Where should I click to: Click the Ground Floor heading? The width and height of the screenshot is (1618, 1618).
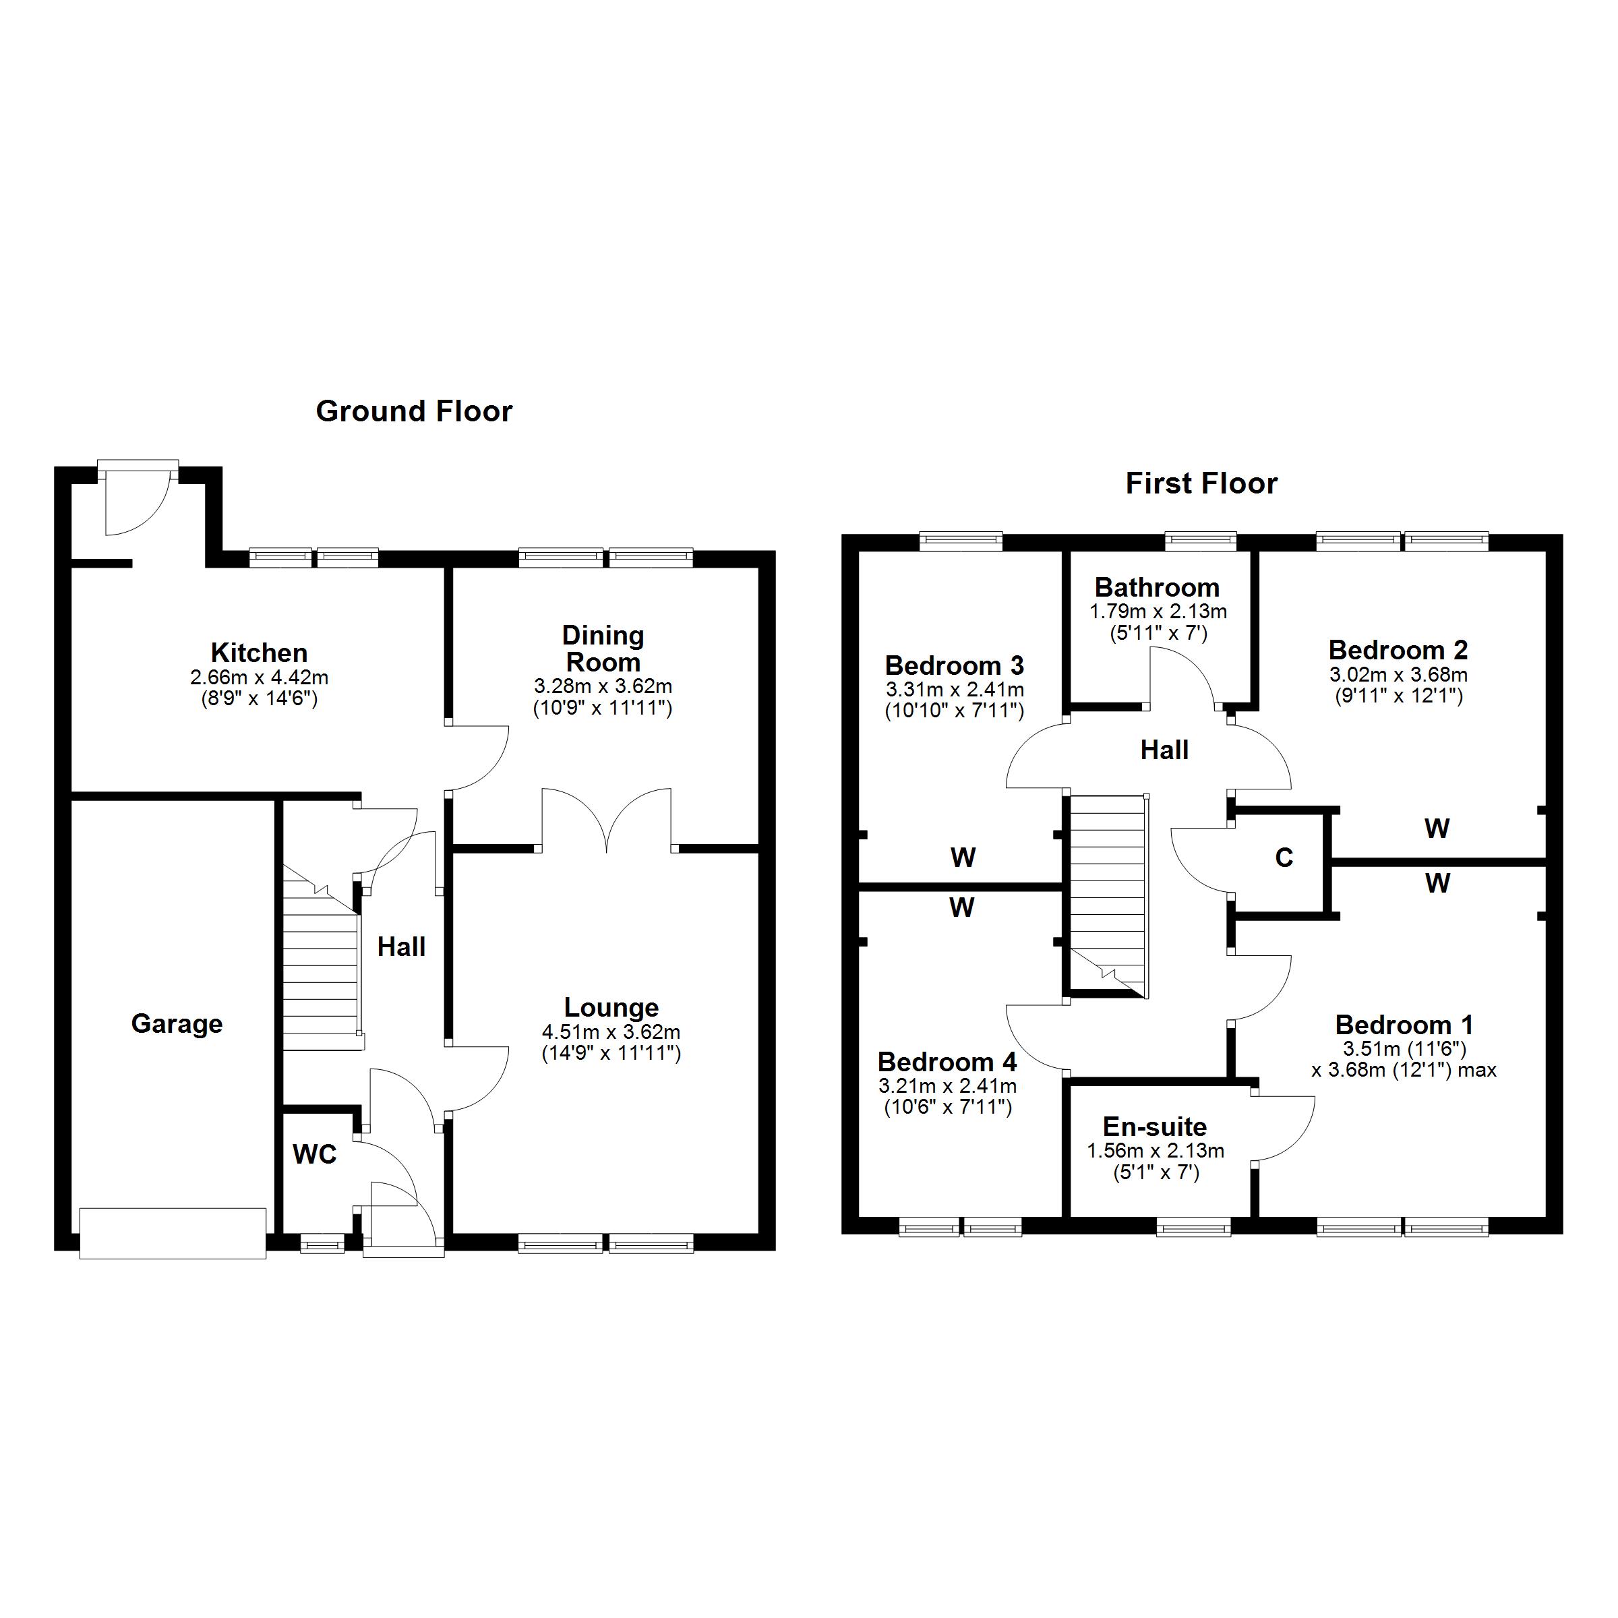pos(414,411)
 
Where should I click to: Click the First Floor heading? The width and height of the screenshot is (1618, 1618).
pos(1201,483)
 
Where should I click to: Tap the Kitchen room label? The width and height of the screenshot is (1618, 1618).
pos(259,653)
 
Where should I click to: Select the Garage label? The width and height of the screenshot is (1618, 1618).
pos(177,1023)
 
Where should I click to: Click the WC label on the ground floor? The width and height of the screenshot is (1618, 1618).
pos(314,1155)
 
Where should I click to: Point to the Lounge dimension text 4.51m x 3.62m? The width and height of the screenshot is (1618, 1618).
pos(611,1031)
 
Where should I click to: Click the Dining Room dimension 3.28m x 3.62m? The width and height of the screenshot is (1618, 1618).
pos(603,686)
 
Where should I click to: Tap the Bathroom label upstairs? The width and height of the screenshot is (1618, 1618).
pos(1157,587)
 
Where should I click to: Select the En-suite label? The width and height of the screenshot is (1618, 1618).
pos(1154,1127)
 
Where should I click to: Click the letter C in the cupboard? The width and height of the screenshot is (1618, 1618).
pos(1283,858)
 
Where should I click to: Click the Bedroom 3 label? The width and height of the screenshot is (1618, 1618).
pos(954,666)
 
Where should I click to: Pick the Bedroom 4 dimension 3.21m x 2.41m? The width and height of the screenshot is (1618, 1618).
pos(947,1086)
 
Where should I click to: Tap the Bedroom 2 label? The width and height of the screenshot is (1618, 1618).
pos(1398,650)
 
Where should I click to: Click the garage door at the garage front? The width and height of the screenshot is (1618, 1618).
pos(173,1233)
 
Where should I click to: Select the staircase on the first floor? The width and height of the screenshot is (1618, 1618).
pos(1106,892)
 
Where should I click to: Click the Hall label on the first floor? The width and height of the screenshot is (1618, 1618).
pos(1164,750)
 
